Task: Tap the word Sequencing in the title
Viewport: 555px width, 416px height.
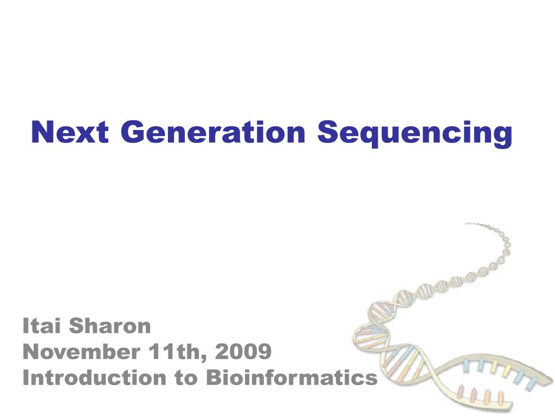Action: coord(415,133)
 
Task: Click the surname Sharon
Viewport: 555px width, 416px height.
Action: coord(110,326)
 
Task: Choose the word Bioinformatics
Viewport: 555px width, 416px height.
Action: coord(292,378)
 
